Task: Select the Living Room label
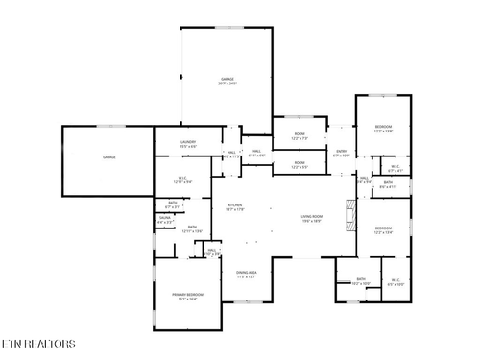310,219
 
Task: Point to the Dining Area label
247,275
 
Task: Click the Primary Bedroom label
187,296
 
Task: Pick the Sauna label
164,219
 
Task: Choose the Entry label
341,152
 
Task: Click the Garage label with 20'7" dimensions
228,81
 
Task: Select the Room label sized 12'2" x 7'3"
300,135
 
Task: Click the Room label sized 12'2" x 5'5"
300,164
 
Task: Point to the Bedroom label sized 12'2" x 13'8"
383,129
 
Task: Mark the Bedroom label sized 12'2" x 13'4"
383,229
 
